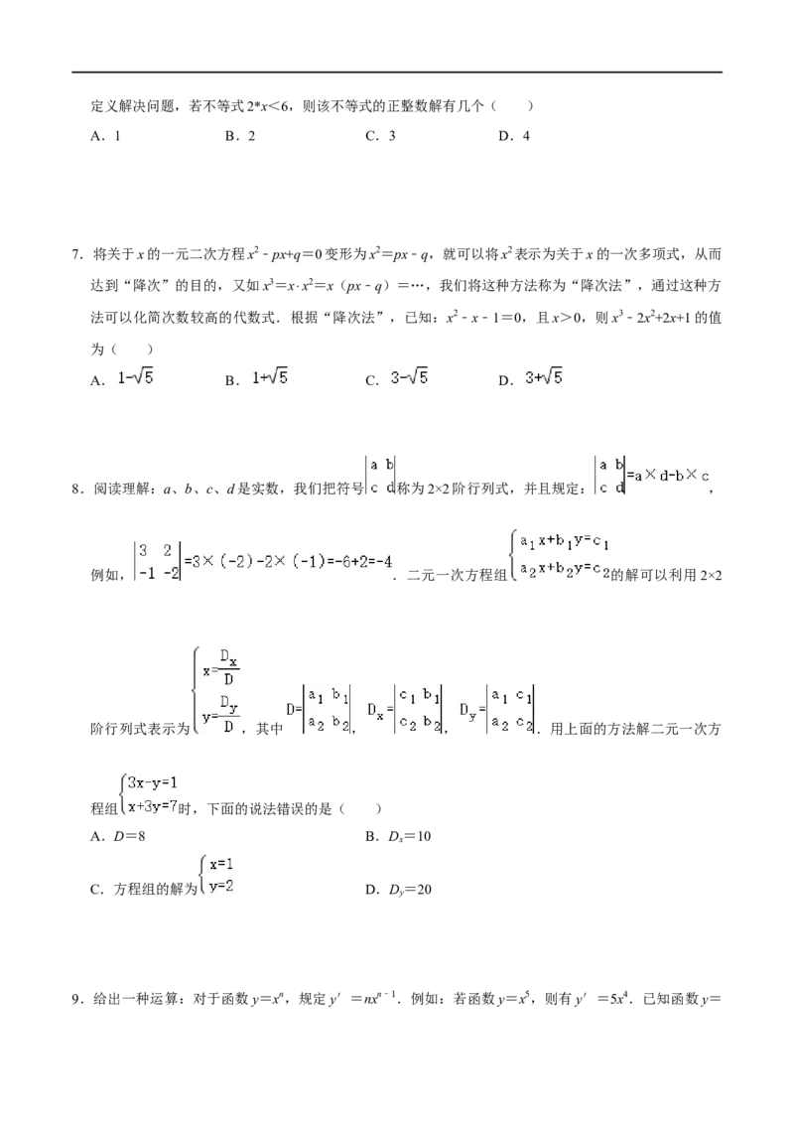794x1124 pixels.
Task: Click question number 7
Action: tap(77, 254)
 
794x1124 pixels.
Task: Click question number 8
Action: tap(77, 490)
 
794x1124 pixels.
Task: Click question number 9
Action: tap(77, 999)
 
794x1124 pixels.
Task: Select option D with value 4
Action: tap(514, 136)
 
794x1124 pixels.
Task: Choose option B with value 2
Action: tap(240, 136)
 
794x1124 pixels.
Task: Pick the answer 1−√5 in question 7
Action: tap(135, 377)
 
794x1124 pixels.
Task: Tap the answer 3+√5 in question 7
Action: tap(543, 377)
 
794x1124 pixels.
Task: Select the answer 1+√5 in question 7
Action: tap(269, 377)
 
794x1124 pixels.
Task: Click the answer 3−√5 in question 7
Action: tap(409, 377)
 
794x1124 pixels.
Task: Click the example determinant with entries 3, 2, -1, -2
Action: tap(158, 561)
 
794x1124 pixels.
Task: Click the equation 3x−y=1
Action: tap(153, 782)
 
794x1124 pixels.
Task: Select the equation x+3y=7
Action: tap(153, 805)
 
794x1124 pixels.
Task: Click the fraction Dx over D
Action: tap(228, 666)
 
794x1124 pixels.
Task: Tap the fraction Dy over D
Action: tap(228, 714)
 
